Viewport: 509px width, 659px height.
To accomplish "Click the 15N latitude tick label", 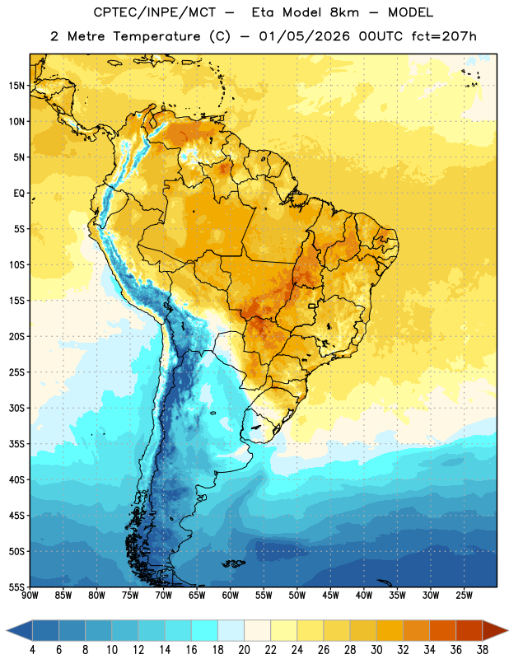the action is pos(16,86).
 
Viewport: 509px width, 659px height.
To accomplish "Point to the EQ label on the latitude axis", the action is pos(19,194).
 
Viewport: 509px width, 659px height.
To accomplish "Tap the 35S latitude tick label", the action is pos(16,444).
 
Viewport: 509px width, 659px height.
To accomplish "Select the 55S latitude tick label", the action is pos(16,587).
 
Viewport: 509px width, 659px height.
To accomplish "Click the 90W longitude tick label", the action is pos(30,596).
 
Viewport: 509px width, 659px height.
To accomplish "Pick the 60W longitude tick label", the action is pos(231,596).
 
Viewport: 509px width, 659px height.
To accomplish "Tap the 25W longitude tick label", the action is pos(464,596).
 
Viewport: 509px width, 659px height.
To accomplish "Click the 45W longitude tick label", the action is pos(331,596).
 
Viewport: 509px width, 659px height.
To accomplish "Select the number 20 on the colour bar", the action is pos(244,650).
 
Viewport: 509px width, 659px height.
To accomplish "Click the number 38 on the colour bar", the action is pos(483,650).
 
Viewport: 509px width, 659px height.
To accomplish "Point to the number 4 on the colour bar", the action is pos(32,650).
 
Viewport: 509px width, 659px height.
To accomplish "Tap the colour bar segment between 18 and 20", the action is pos(231,630).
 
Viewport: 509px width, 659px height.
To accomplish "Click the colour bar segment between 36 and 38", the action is pos(469,630).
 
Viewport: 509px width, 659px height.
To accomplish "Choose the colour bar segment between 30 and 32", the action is pos(390,630).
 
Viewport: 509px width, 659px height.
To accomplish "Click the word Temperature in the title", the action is pos(156,36).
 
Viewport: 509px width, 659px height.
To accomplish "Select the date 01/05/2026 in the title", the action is pos(304,36).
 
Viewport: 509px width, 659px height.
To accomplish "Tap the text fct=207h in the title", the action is pos(444,36).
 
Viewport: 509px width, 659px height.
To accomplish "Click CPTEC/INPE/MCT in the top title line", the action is pos(155,12).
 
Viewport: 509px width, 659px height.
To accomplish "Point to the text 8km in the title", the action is pos(344,12).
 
